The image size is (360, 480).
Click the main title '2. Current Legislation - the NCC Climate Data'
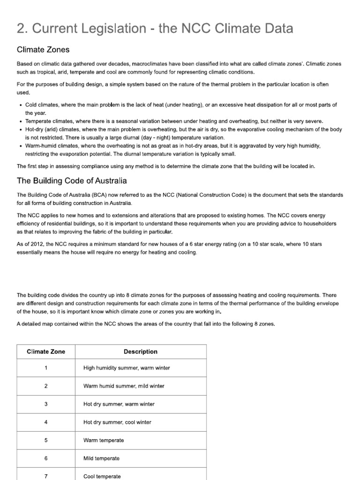(155, 29)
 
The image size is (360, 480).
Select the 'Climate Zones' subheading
(44, 49)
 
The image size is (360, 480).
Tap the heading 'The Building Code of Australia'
(71, 180)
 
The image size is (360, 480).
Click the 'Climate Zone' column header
(46, 352)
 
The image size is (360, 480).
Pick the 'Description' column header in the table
(140, 352)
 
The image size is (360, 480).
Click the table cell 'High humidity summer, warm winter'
(127, 368)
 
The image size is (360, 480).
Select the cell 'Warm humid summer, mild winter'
(124, 386)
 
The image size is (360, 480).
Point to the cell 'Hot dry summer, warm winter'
(119, 404)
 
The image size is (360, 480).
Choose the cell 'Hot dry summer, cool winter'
(117, 422)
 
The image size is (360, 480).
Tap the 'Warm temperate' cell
(104, 441)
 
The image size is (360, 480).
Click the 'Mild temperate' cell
(101, 458)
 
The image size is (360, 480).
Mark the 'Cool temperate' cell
(102, 476)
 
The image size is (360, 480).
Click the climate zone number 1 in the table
(46, 368)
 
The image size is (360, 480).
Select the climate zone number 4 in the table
(46, 422)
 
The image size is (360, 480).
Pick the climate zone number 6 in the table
(46, 458)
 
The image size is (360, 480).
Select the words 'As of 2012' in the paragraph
(30, 244)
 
